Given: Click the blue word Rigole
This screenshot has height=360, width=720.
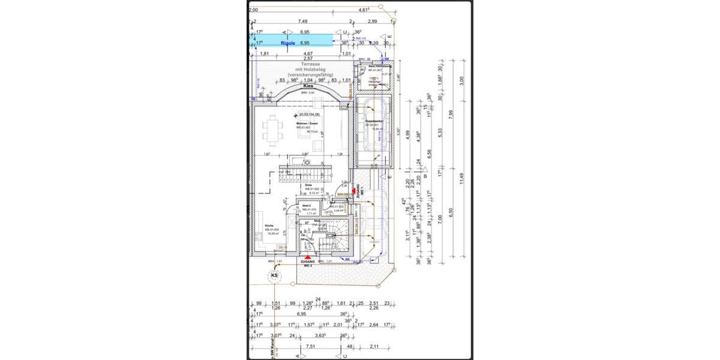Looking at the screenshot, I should (x=288, y=43).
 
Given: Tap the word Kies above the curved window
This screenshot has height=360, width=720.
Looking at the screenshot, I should (x=308, y=86).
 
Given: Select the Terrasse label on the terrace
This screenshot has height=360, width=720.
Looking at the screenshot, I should (x=310, y=64).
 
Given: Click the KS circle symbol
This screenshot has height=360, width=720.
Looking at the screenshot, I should (x=275, y=276).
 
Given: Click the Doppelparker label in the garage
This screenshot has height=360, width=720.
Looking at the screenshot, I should (x=374, y=122).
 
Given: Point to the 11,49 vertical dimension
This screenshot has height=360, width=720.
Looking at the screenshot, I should (x=461, y=179).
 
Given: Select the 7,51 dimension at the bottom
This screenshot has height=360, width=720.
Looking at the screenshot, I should (x=311, y=346).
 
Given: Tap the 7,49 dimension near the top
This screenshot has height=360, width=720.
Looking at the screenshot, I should (x=302, y=21).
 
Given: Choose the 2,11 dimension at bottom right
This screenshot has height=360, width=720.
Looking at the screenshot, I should (x=374, y=346).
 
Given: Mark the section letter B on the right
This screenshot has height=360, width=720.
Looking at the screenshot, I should (x=425, y=176).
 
